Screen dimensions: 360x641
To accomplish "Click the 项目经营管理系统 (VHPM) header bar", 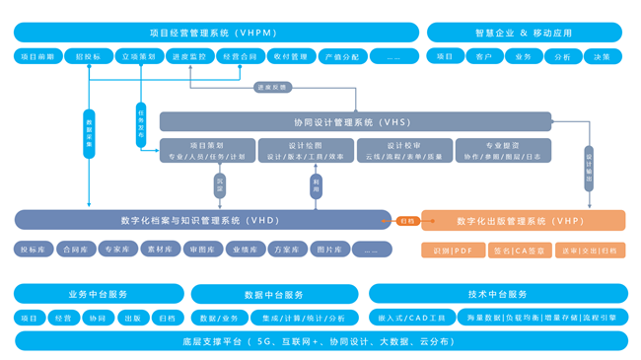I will (x=216, y=33).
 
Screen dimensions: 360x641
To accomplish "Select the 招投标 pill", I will (x=88, y=57).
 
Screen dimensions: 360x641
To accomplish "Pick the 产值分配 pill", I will (x=342, y=57).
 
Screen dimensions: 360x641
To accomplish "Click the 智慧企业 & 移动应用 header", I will (x=524, y=33).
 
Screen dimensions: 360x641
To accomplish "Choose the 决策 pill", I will (x=602, y=57).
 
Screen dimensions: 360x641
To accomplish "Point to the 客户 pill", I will (x=483, y=57).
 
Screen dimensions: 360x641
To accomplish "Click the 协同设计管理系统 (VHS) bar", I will (x=355, y=122).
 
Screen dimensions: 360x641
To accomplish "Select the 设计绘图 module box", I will (x=306, y=151).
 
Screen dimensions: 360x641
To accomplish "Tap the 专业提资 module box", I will (x=502, y=151).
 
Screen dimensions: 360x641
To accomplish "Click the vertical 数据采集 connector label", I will (x=90, y=134).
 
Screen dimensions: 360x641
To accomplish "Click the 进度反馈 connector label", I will (x=272, y=88).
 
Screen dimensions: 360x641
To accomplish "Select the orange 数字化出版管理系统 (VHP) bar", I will (x=523, y=221).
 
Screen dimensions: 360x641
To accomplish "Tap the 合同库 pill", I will (x=76, y=250).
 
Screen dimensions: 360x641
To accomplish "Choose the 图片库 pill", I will (x=329, y=250).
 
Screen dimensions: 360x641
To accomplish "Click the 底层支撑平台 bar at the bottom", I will (x=320, y=341).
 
